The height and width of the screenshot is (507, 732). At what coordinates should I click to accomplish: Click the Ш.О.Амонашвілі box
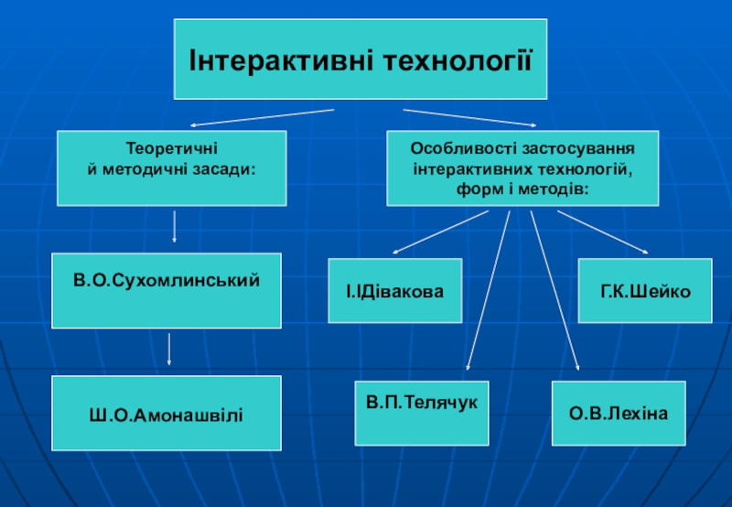point(167,415)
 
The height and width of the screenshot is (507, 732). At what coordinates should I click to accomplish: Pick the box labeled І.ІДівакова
point(395,292)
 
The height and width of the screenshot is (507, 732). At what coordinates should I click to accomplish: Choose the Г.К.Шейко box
point(645,291)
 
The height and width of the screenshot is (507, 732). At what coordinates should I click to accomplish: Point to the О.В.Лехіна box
point(619,415)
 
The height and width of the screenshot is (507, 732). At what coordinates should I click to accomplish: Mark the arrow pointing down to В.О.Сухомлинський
point(174,226)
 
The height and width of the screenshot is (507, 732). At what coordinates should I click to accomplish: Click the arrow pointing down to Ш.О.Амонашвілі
point(170,351)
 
